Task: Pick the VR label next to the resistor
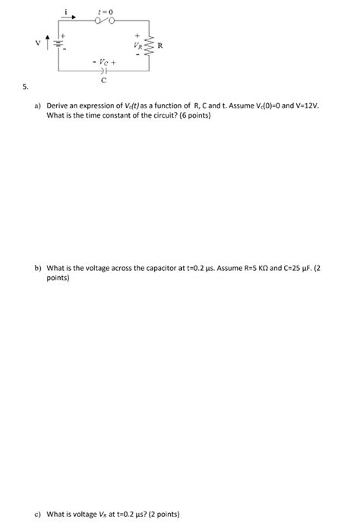click(x=138, y=45)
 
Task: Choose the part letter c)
click(x=37, y=514)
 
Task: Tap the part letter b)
click(x=37, y=268)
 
